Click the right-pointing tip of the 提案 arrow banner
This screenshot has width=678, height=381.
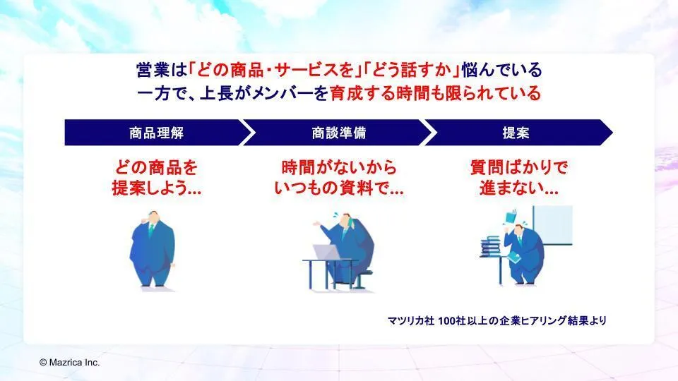click(612, 132)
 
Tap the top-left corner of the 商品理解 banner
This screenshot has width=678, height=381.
click(65, 120)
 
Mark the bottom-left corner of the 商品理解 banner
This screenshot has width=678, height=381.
click(65, 145)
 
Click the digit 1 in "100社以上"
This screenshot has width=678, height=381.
click(440, 320)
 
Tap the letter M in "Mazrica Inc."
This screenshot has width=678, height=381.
click(53, 363)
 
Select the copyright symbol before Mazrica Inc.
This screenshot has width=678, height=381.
click(43, 363)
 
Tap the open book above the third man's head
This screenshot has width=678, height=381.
click(511, 216)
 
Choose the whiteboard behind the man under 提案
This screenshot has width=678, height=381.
click(552, 226)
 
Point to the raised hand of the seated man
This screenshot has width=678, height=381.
click(317, 224)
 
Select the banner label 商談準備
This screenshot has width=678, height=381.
click(339, 133)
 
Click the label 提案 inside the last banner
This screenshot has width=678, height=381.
click(516, 133)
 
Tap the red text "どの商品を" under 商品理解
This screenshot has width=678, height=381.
click(157, 168)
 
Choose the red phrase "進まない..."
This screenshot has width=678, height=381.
click(519, 188)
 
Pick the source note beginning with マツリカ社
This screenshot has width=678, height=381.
click(496, 320)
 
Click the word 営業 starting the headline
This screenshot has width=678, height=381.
click(153, 70)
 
